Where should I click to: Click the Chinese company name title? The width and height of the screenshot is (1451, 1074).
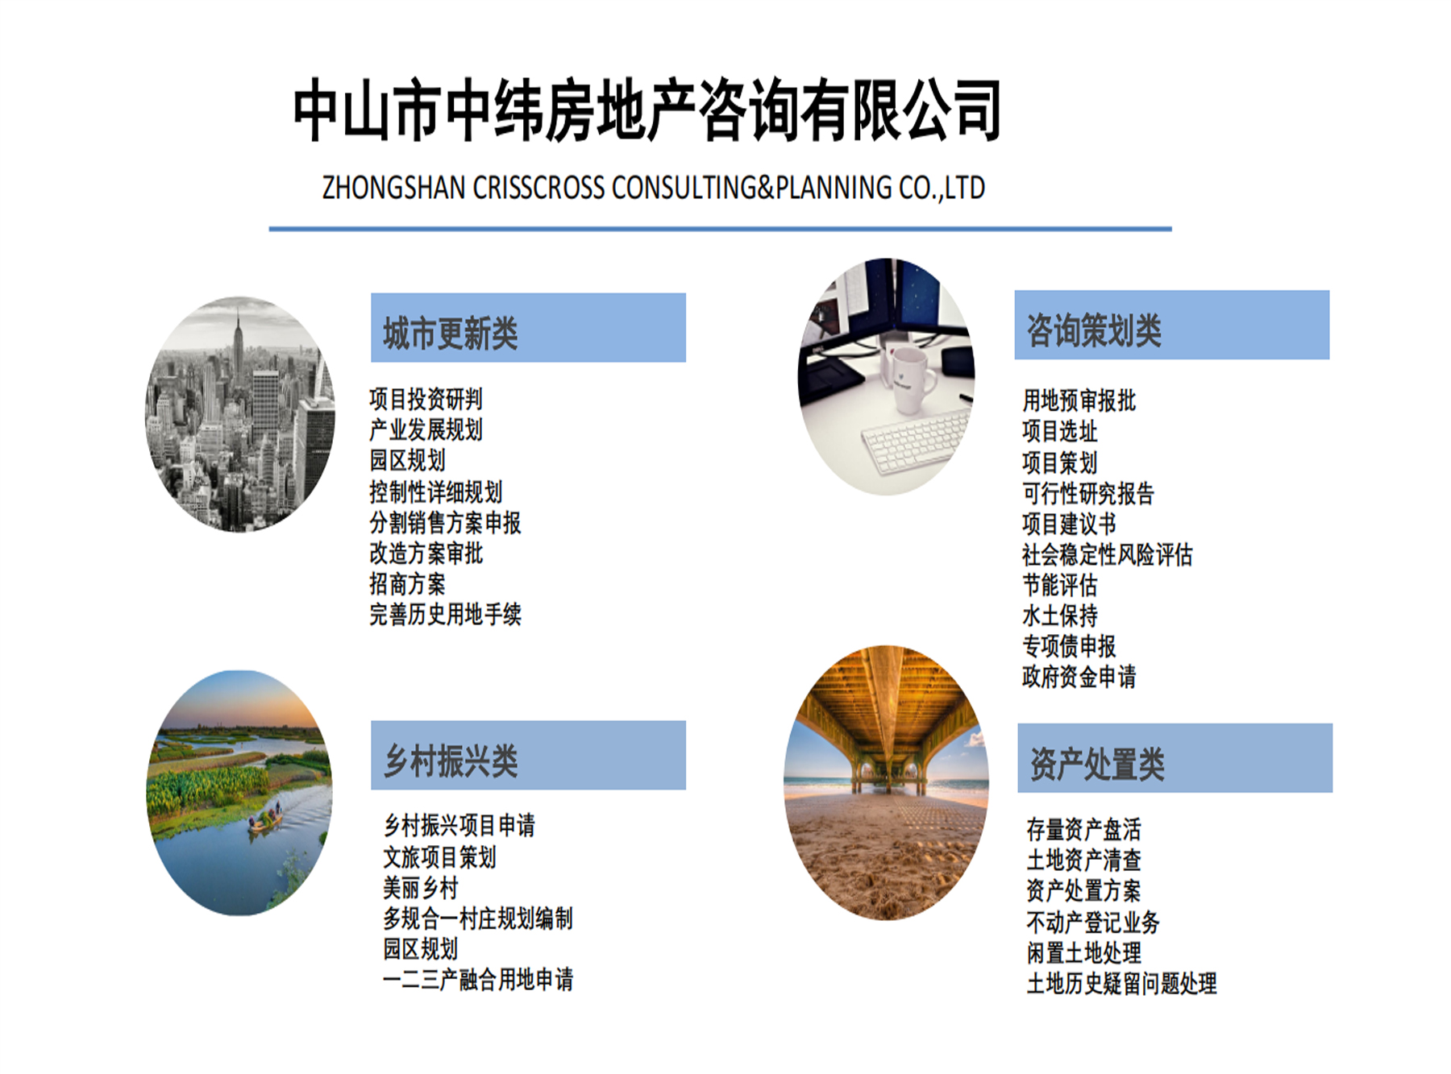tap(647, 110)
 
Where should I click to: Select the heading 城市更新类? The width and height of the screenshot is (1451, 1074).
tap(450, 333)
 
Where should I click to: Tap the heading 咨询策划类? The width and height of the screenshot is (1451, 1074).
tap(1093, 330)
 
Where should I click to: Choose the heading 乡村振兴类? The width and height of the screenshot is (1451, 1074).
tap(451, 761)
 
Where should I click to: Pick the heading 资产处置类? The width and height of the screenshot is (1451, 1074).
tap(1097, 763)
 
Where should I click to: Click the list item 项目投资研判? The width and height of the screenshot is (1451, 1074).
tap(426, 399)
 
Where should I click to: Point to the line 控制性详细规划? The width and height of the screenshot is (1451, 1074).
tap(435, 491)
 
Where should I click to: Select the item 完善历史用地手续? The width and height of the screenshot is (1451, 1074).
tap(445, 615)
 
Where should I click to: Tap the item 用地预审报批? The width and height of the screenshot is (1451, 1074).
tap(1079, 400)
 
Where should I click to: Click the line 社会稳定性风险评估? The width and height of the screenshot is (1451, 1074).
tap(1107, 554)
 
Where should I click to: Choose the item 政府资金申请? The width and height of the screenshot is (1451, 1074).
tap(1079, 677)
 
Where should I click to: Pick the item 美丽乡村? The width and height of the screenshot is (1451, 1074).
tap(420, 888)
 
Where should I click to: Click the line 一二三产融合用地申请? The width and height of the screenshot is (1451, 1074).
tap(477, 980)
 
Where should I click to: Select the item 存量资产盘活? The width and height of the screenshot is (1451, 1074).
tap(1083, 829)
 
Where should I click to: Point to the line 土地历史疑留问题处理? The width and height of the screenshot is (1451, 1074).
tap(1121, 983)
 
